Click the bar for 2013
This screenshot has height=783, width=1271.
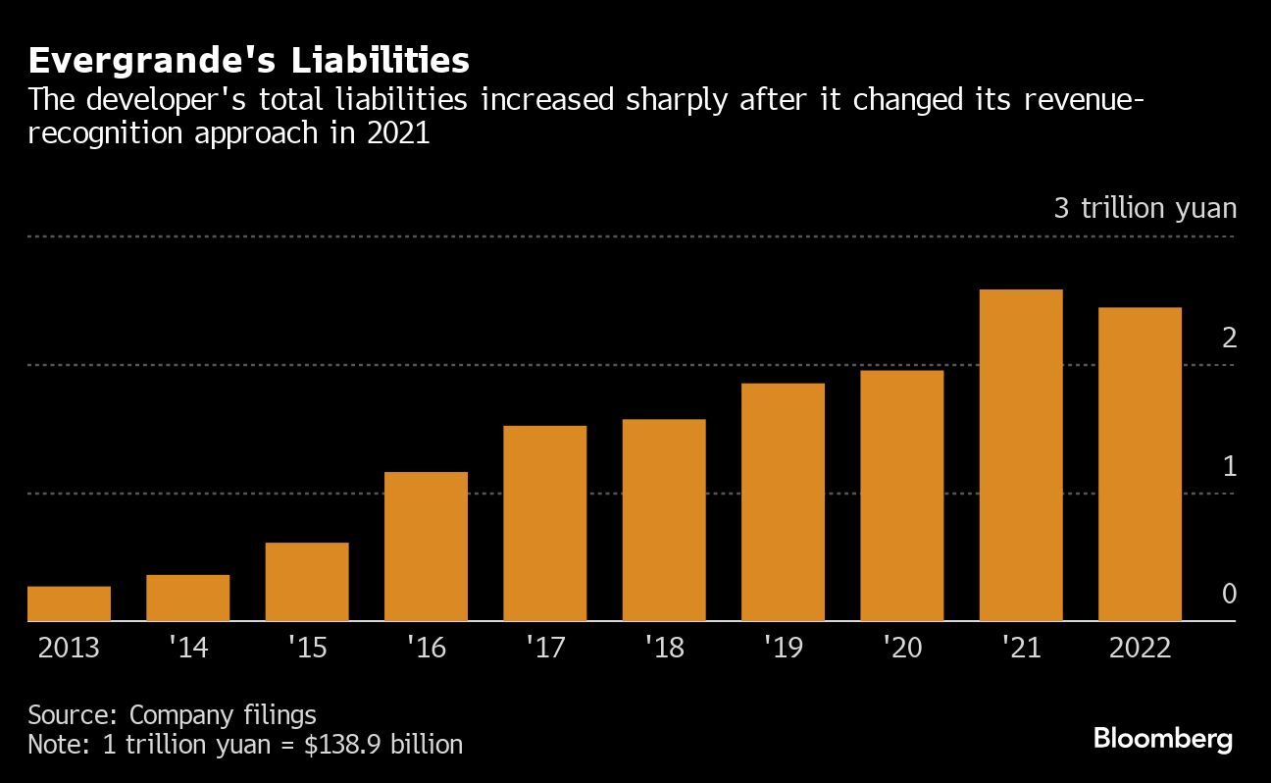pyautogui.click(x=69, y=603)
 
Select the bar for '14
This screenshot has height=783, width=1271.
pyautogui.click(x=187, y=598)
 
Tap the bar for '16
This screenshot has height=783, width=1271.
pyautogui.click(x=426, y=547)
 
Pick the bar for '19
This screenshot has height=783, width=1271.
pyautogui.click(x=783, y=502)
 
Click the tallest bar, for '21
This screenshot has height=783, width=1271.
pyautogui.click(x=1021, y=455)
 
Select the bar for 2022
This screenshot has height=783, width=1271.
pyautogui.click(x=1140, y=464)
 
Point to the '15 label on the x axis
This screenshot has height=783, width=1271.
pyautogui.click(x=306, y=649)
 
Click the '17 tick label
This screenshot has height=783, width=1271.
pyautogui.click(x=544, y=649)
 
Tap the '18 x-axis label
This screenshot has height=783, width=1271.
pyautogui.click(x=663, y=649)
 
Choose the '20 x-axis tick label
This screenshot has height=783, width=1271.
pyautogui.click(x=901, y=649)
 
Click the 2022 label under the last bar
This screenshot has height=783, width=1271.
pyautogui.click(x=1140, y=649)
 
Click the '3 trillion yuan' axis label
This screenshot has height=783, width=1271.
pyautogui.click(x=1145, y=209)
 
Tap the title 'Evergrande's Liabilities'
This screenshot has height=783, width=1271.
pyautogui.click(x=248, y=61)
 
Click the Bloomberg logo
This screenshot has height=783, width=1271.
pyautogui.click(x=1163, y=739)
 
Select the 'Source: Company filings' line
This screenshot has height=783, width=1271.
pyautogui.click(x=172, y=713)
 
